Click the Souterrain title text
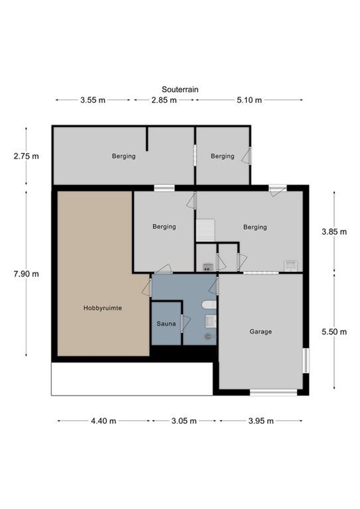point(180,89)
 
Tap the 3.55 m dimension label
point(93,100)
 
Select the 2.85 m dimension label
point(164,100)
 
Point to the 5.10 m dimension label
point(249,100)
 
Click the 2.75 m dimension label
point(26,156)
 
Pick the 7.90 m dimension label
point(26,274)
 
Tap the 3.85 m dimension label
point(334,232)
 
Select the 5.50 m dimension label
point(334,332)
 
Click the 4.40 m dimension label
point(103,421)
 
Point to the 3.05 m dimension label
point(184,421)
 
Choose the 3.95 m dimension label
point(261,421)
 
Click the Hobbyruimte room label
point(103,308)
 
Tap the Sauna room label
point(166,323)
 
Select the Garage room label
point(261,332)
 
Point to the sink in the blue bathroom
point(211,321)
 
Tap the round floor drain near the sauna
point(208,337)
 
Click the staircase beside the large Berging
point(205,230)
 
